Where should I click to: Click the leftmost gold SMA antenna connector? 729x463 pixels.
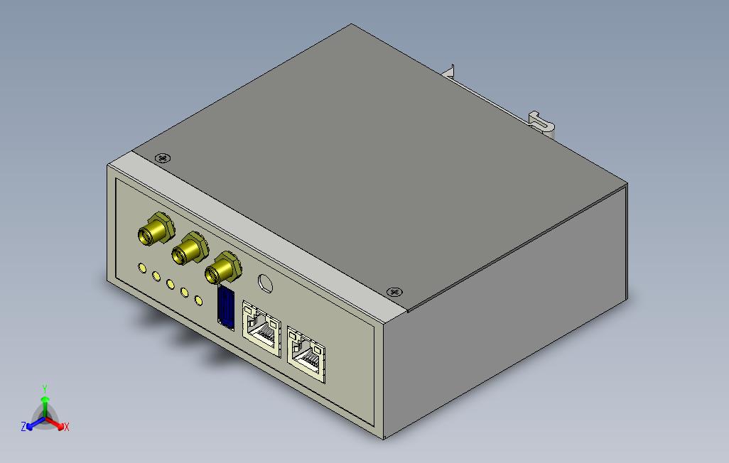pos(154,231)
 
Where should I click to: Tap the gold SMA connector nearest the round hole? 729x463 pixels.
pos(222,270)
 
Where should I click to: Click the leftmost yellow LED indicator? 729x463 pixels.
pos(143,268)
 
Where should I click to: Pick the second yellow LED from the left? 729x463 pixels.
pos(156,276)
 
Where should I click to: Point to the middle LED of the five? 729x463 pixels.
pos(171,284)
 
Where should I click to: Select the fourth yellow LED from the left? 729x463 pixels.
pos(184,292)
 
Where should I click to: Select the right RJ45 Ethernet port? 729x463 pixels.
pos(306,352)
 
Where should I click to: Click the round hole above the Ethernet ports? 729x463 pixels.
pos(266,283)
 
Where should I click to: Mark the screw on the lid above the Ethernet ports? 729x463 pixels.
pos(394,291)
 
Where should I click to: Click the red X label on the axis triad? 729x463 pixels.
pos(66,427)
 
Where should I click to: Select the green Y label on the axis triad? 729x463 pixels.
pos(44,388)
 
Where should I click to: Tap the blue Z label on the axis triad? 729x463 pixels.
pos(23,426)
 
